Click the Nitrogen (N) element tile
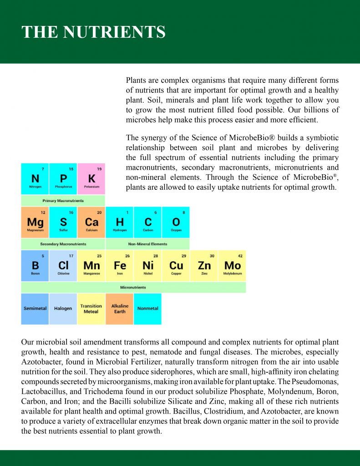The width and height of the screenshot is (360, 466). pyautogui.click(x=35, y=179)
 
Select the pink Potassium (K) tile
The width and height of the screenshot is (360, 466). pyautogui.click(x=91, y=179)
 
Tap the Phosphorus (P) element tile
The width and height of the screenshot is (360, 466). pyautogui.click(x=63, y=179)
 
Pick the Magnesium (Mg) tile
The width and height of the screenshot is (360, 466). pyautogui.click(x=35, y=222)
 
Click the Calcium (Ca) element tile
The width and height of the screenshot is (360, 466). pyautogui.click(x=91, y=222)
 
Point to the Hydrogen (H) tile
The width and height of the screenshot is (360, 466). pyautogui.click(x=120, y=222)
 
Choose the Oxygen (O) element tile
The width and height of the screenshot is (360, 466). pyautogui.click(x=176, y=222)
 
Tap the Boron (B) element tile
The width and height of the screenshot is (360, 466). pyautogui.click(x=35, y=265)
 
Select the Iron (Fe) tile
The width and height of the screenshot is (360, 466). pyautogui.click(x=120, y=265)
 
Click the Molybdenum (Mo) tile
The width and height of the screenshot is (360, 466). pyautogui.click(x=232, y=265)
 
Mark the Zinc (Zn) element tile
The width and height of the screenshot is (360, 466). pyautogui.click(x=204, y=265)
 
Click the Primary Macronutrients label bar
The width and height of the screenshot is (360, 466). pyautogui.click(x=63, y=201)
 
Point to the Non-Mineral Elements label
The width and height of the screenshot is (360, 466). pyautogui.click(x=148, y=244)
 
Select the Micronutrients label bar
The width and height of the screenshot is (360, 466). pyautogui.click(x=133, y=288)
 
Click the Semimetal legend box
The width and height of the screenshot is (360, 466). pyautogui.click(x=35, y=309)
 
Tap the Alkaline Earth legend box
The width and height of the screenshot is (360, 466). pyautogui.click(x=120, y=309)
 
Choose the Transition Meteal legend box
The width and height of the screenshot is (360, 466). pyautogui.click(x=91, y=309)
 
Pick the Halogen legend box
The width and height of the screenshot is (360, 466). pyautogui.click(x=63, y=309)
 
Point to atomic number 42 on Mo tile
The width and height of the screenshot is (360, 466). pyautogui.click(x=240, y=256)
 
